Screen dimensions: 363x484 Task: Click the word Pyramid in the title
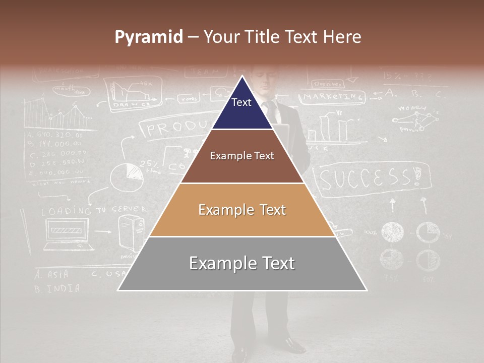[148, 37]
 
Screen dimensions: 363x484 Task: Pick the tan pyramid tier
[242, 210]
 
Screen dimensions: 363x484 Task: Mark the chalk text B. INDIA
[56, 289]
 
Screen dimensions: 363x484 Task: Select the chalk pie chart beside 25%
[126, 177]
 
